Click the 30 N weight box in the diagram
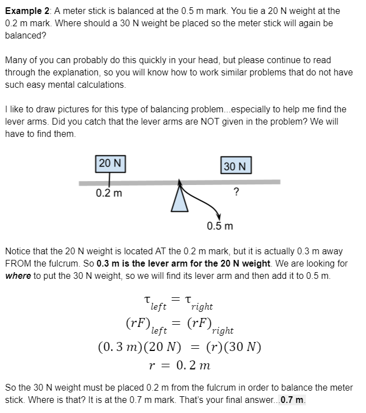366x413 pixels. [236, 166]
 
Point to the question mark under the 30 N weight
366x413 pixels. [236, 193]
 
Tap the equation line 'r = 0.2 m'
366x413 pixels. [180, 365]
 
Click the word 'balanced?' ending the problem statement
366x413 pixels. [26, 35]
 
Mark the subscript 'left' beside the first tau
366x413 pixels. [159, 306]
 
